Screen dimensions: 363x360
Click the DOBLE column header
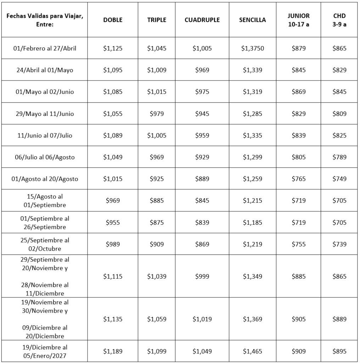tap(113, 20)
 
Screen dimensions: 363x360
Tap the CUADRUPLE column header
tap(202, 20)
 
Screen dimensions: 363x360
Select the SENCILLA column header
tap(252, 20)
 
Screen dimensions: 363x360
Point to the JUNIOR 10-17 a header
tap(298, 20)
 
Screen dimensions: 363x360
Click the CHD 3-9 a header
tap(339, 20)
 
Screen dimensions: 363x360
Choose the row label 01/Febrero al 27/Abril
tap(45, 48)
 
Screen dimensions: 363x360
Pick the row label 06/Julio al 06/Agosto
tap(45, 157)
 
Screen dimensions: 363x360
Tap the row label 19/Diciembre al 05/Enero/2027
tap(45, 351)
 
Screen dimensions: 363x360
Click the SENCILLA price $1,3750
tap(252, 48)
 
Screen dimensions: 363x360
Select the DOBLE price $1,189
tap(113, 351)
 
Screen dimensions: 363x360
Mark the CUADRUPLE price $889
tap(202, 179)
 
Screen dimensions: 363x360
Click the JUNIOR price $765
tap(298, 179)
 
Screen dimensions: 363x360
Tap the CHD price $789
tap(339, 157)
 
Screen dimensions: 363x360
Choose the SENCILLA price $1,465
tap(252, 351)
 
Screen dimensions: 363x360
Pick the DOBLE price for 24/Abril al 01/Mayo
tap(113, 70)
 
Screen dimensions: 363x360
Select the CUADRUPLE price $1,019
tap(202, 319)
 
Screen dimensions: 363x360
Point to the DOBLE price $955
tap(113, 223)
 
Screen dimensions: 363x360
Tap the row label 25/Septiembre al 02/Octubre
tap(45, 244)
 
